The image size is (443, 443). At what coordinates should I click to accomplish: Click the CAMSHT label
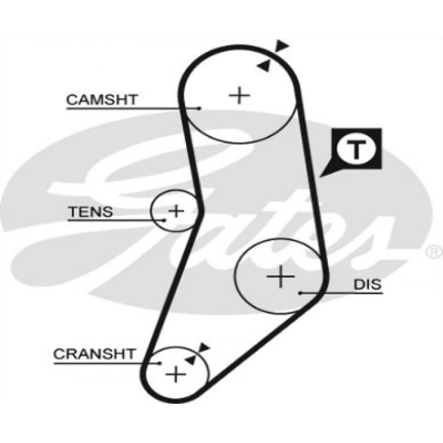pyautogui.click(x=102, y=99)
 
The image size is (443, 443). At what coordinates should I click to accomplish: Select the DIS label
pyautogui.click(x=368, y=284)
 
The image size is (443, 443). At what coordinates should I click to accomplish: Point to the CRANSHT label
pyautogui.click(x=94, y=354)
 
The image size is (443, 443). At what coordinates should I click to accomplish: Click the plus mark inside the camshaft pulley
pyautogui.click(x=239, y=95)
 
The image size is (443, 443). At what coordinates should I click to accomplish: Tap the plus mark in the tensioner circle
pyautogui.click(x=176, y=210)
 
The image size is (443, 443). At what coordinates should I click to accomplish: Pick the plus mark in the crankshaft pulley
pyautogui.click(x=175, y=374)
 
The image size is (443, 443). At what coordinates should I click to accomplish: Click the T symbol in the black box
pyautogui.click(x=356, y=149)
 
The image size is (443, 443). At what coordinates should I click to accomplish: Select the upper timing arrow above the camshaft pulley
pyautogui.click(x=282, y=46)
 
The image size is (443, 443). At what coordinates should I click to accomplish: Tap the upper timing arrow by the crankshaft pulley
pyautogui.click(x=204, y=347)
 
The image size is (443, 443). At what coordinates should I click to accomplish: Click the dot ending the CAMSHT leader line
pyautogui.click(x=199, y=108)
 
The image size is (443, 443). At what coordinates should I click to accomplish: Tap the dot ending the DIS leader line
pyautogui.click(x=301, y=292)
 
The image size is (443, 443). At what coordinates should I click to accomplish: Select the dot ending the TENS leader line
pyautogui.click(x=164, y=220)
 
